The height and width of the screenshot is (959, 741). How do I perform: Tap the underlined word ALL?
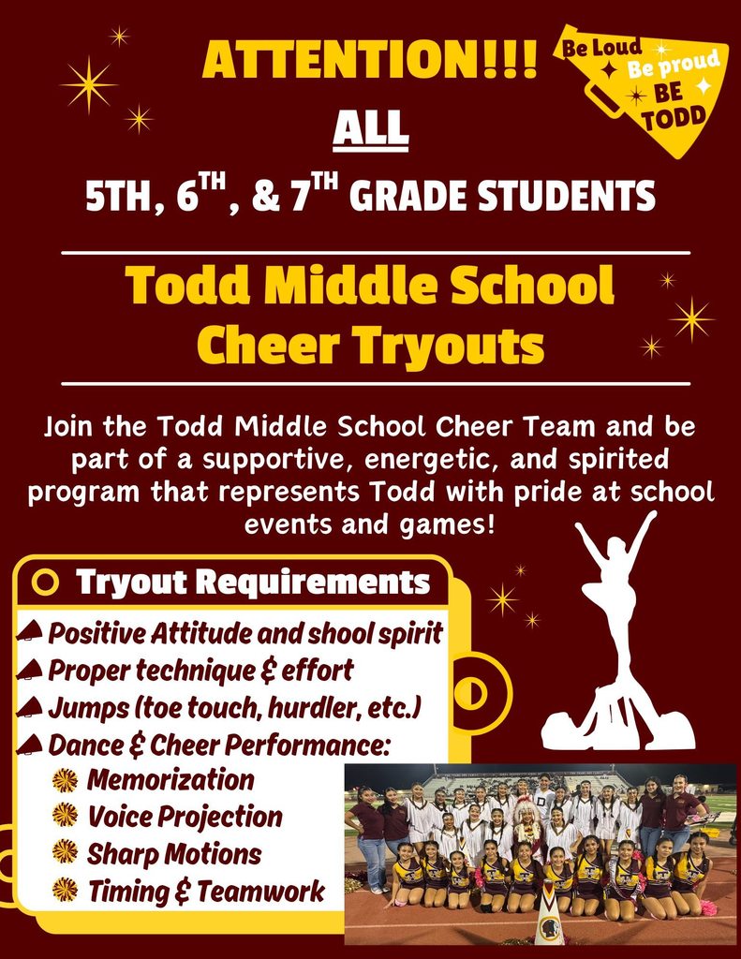pyautogui.click(x=371, y=127)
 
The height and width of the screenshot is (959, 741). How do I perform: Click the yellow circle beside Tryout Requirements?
pyautogui.click(x=45, y=583)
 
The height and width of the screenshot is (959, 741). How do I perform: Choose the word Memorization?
pyautogui.click(x=170, y=779)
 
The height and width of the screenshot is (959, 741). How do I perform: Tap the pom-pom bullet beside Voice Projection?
pyautogui.click(x=65, y=816)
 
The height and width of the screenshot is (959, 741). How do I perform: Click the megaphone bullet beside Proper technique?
pyautogui.click(x=31, y=670)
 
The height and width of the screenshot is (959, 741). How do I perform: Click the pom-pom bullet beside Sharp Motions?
pyautogui.click(x=65, y=853)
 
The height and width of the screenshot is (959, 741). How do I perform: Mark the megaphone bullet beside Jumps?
pyautogui.click(x=31, y=707)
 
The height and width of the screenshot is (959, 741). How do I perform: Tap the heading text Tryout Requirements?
pyautogui.click(x=253, y=583)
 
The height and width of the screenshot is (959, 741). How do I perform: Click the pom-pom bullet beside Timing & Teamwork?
pyautogui.click(x=65, y=891)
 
